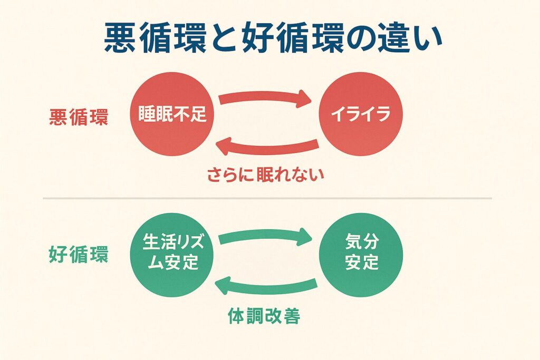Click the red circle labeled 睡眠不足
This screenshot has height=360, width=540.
pyautogui.click(x=172, y=115)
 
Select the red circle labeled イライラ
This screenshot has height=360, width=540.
pyautogui.click(x=360, y=115)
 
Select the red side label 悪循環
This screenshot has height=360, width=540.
pyautogui.click(x=79, y=117)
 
